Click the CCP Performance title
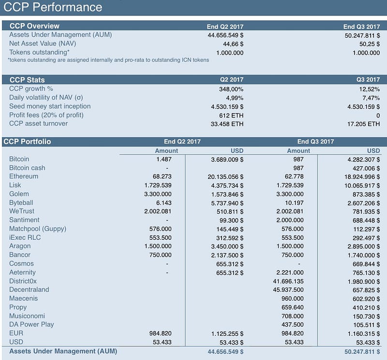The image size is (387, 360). pyautogui.click(x=53, y=7)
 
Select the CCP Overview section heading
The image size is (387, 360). pyautogui.click(x=34, y=26)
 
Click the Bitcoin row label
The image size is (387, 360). pyautogui.click(x=19, y=159)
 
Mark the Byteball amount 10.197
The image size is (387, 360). pyautogui.click(x=295, y=202)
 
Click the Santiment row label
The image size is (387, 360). pyautogui.click(x=24, y=220)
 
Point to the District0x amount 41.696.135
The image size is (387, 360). pyautogui.click(x=288, y=281)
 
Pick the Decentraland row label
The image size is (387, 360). pyautogui.click(x=29, y=289)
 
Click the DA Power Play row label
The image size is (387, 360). pyautogui.click(x=31, y=324)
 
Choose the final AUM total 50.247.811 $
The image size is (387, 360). pyautogui.click(x=358, y=351)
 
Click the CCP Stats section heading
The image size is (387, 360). pyautogui.click(x=27, y=80)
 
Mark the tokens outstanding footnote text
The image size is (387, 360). pyautogui.click(x=108, y=60)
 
